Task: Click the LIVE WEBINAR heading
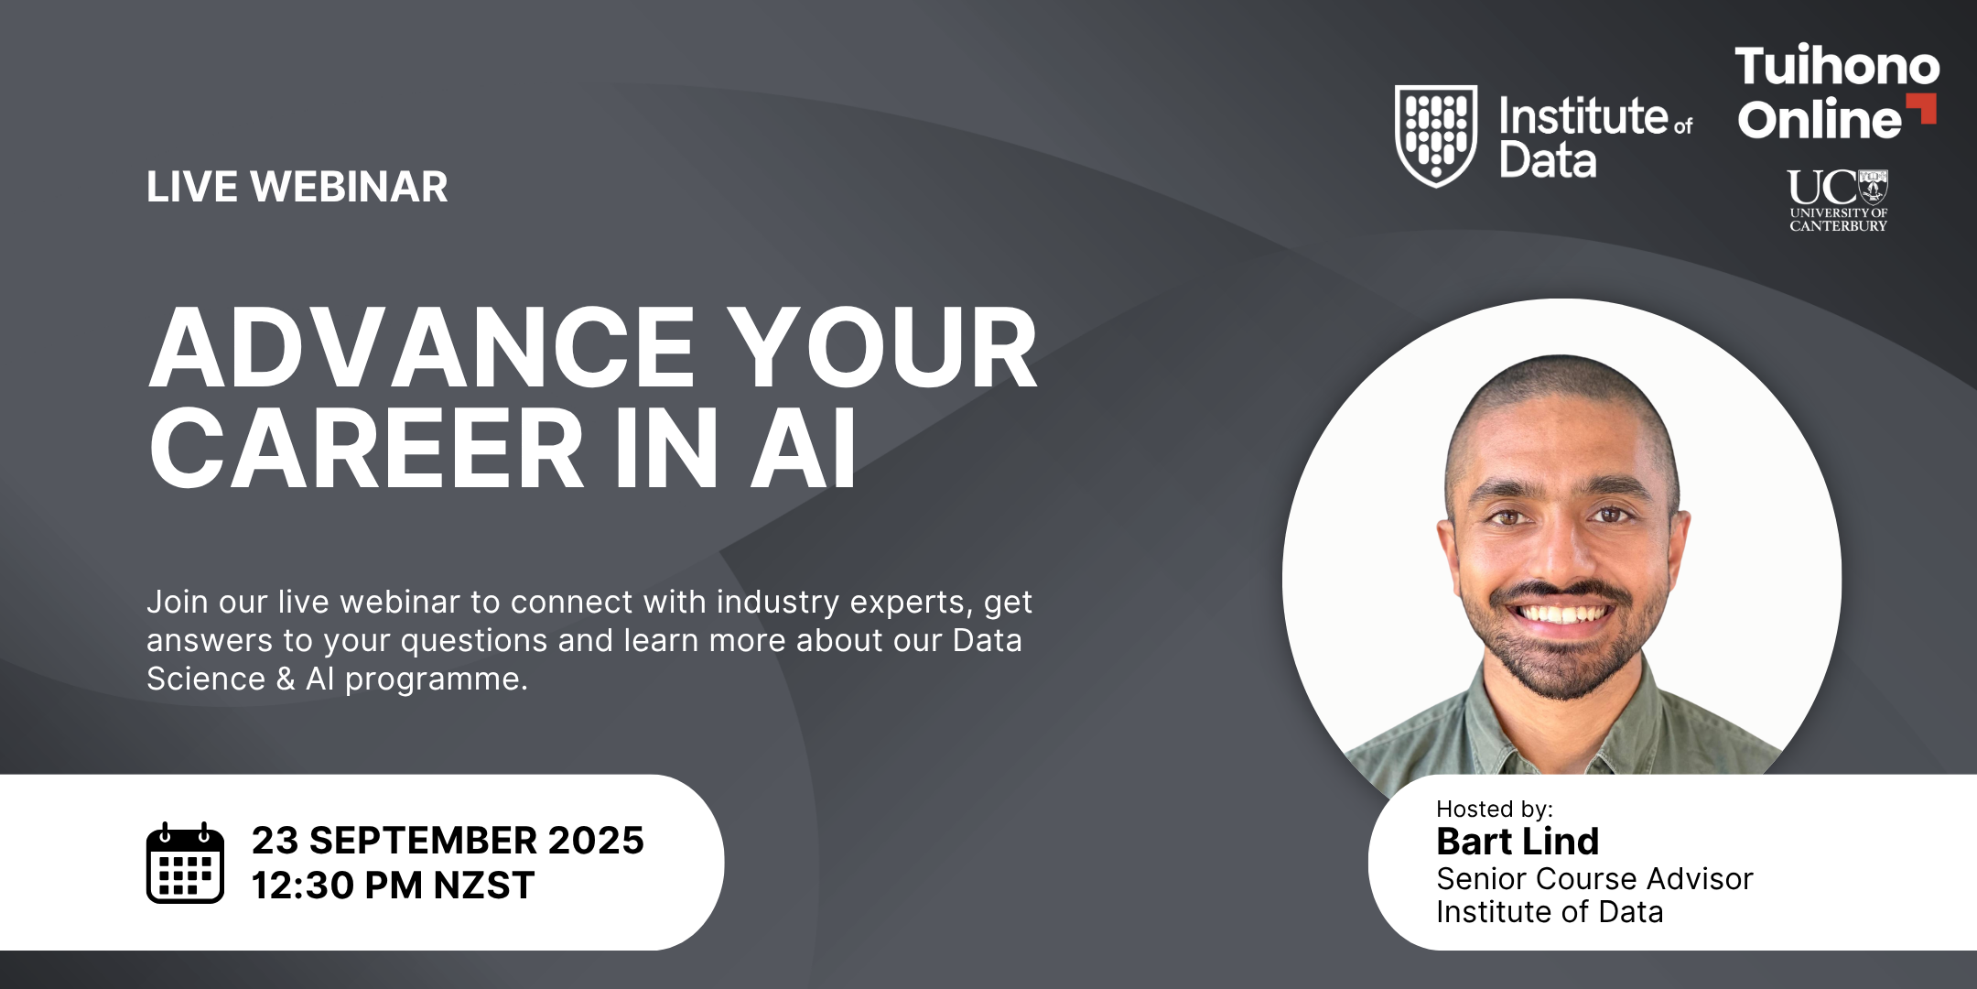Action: (x=297, y=187)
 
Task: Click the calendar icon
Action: (x=185, y=863)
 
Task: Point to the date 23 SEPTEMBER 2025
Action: (x=448, y=841)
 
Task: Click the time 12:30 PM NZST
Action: (x=393, y=886)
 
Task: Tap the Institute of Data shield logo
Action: (x=1435, y=136)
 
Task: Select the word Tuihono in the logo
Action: (x=1837, y=66)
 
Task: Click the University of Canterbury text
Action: (x=1839, y=220)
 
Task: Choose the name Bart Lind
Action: (x=1518, y=841)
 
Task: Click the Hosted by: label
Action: (x=1494, y=809)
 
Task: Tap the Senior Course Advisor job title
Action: (x=1594, y=879)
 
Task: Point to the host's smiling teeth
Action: (x=1561, y=612)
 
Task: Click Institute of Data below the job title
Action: (x=1550, y=912)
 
